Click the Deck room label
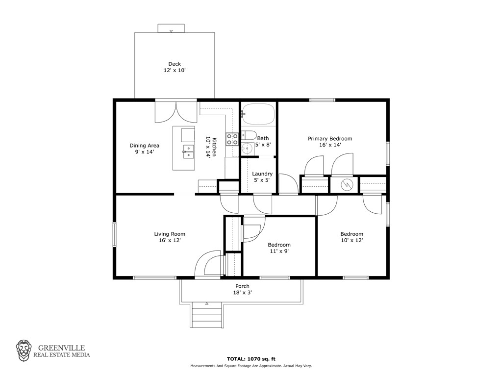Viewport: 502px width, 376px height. tap(175, 64)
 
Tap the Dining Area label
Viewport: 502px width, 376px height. tap(145, 146)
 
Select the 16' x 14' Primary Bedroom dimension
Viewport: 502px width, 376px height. tap(330, 145)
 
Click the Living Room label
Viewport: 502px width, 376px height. tap(170, 234)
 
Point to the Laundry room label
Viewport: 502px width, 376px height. tap(262, 174)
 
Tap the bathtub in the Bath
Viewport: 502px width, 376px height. tap(258, 114)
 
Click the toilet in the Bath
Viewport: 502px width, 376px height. tap(249, 134)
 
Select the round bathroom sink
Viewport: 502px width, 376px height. tap(247, 148)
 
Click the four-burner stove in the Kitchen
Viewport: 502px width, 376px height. tap(232, 139)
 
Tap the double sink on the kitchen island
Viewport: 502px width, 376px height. tap(188, 152)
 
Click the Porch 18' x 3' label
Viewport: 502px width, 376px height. tap(242, 290)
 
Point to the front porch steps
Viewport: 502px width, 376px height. tap(206, 316)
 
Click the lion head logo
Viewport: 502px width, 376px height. tap(24, 351)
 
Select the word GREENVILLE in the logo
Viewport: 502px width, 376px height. tap(61, 348)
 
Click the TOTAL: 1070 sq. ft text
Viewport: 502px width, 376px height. tap(251, 359)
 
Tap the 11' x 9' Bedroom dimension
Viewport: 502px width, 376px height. tap(279, 251)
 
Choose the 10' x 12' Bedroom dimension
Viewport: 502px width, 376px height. tap(352, 240)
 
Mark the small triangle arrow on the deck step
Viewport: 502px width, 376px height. tap(171, 31)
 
